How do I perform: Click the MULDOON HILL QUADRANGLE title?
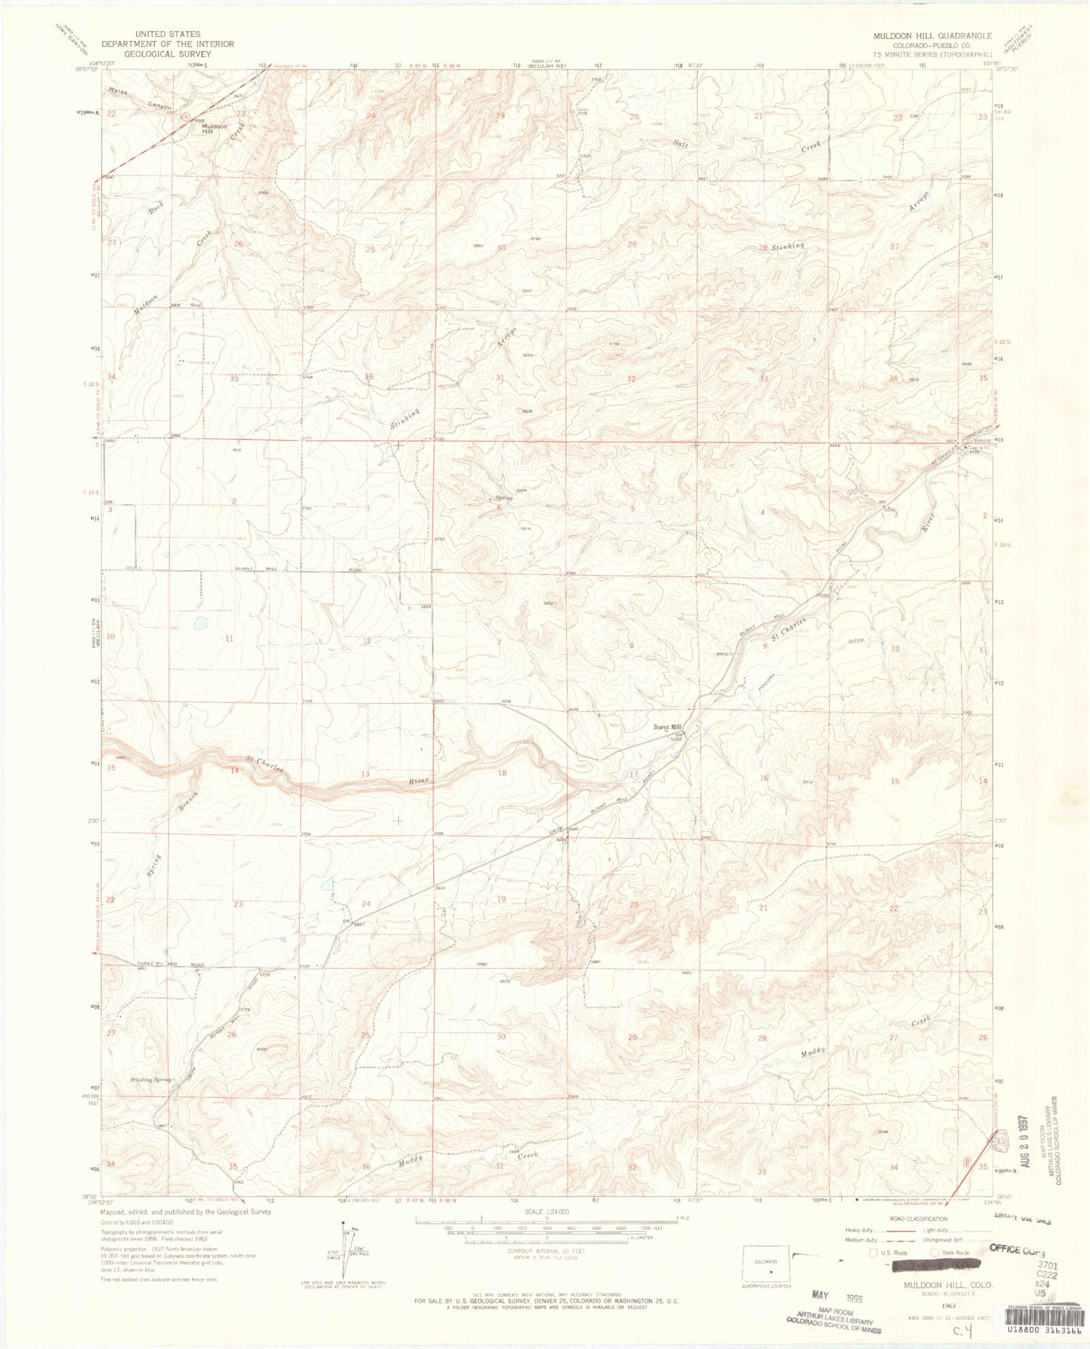[x=933, y=35]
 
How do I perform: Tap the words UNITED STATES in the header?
[x=168, y=34]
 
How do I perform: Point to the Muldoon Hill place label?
[x=215, y=128]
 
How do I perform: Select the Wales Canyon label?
[x=140, y=99]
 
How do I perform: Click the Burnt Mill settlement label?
[x=667, y=727]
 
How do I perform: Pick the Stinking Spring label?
[x=151, y=1080]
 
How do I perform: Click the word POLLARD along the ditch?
[x=766, y=683]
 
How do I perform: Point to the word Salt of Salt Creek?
[x=681, y=144]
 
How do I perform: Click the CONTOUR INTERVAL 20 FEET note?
[x=546, y=1251]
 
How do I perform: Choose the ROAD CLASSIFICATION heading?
[x=918, y=1219]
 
